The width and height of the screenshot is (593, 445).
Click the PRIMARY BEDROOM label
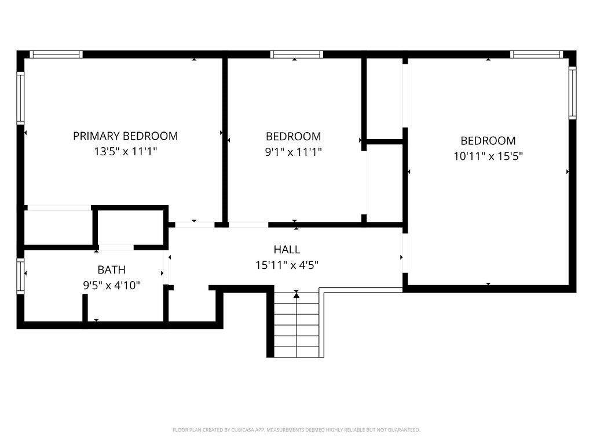pyautogui.click(x=125, y=136)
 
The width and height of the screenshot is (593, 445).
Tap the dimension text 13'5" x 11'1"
pyautogui.click(x=125, y=152)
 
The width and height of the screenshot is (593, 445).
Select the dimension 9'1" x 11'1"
pyautogui.click(x=293, y=152)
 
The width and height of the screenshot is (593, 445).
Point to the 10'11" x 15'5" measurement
pyautogui.click(x=488, y=156)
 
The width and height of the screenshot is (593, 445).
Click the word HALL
pyautogui.click(x=287, y=249)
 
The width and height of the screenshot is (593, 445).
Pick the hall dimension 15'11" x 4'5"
pyautogui.click(x=287, y=265)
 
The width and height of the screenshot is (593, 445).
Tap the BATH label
pyautogui.click(x=111, y=270)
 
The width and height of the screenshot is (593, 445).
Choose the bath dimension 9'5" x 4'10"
pyautogui.click(x=111, y=285)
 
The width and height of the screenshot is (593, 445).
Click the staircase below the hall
pyautogui.click(x=296, y=324)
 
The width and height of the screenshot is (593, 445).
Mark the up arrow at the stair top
pyautogui.click(x=296, y=294)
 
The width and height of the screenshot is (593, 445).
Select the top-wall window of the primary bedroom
pyautogui.click(x=56, y=54)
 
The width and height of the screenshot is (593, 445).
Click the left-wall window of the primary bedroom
pyautogui.click(x=20, y=98)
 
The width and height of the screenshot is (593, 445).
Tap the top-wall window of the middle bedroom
pyautogui.click(x=296, y=54)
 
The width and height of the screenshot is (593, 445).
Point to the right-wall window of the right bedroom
pyautogui.click(x=573, y=93)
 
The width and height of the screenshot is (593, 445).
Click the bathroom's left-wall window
pyautogui.click(x=20, y=276)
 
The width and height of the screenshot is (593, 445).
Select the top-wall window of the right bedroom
pyautogui.click(x=536, y=54)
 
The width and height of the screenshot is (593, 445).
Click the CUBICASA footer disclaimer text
pyautogui.click(x=296, y=430)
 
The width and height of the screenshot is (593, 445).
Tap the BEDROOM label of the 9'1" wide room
pyautogui.click(x=293, y=136)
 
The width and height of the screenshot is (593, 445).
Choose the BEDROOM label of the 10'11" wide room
pyautogui.click(x=488, y=141)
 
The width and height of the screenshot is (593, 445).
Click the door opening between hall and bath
pyautogui.click(x=166, y=267)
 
